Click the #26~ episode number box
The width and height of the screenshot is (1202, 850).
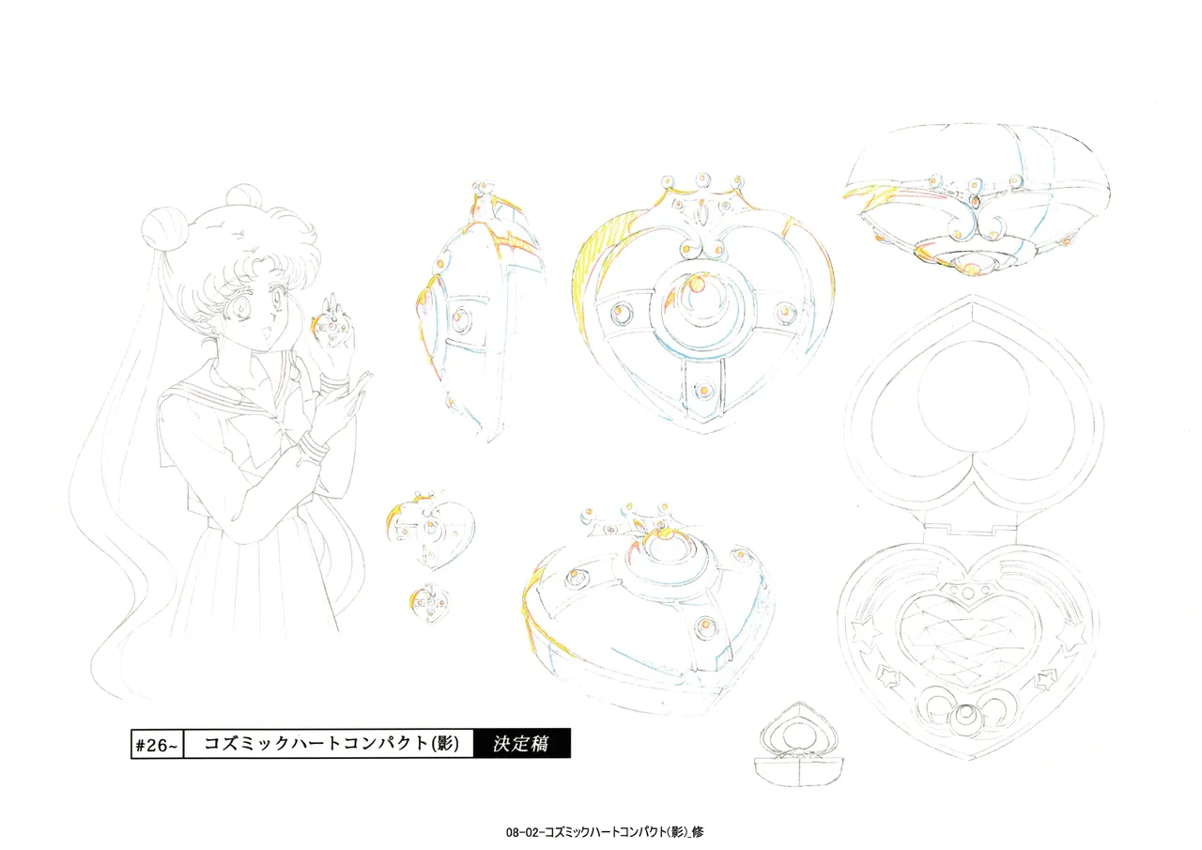coord(157,744)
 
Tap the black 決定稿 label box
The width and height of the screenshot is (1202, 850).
coord(521,743)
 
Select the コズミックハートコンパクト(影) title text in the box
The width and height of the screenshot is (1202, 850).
coord(331,743)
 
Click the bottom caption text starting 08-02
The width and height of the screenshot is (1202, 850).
coord(605,832)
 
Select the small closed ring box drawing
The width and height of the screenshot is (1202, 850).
coord(798,745)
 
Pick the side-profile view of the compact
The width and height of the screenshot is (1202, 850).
coord(479,311)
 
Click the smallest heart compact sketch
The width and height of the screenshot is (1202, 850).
coord(430,602)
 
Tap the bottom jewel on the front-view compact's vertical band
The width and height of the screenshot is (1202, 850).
coord(703,391)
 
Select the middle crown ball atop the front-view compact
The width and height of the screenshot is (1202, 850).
coord(702,179)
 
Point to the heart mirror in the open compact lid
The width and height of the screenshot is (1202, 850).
coord(972,403)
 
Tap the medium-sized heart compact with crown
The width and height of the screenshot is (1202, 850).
coord(430,529)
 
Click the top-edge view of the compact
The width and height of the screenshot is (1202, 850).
coord(976,200)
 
